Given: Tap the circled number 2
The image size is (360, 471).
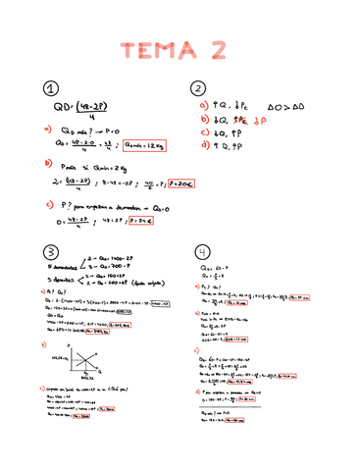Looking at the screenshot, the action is point(199,88).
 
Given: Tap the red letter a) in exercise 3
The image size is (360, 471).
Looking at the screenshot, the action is point(45,290).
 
